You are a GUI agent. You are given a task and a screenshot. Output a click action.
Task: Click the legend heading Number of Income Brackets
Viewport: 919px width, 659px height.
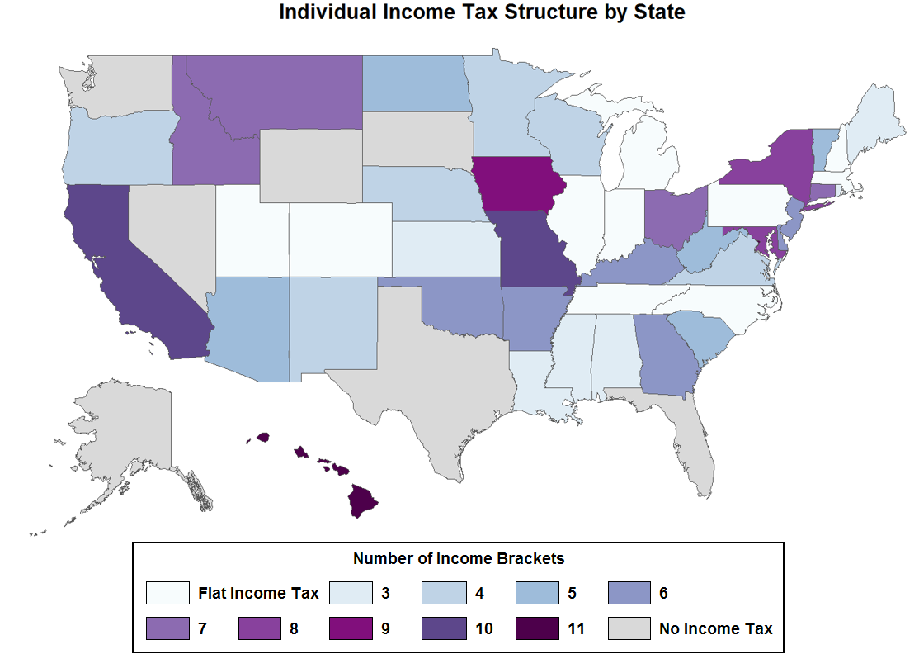(x=459, y=558)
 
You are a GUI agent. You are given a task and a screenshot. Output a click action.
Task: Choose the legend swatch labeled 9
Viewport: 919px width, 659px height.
(x=351, y=628)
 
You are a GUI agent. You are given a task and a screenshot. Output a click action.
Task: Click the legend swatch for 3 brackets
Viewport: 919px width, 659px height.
(x=351, y=593)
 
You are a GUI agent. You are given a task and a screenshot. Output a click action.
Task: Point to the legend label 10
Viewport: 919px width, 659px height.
(x=483, y=628)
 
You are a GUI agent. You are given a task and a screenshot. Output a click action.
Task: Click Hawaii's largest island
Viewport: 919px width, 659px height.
(x=362, y=500)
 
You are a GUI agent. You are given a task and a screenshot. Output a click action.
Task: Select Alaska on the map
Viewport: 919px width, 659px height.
(x=124, y=438)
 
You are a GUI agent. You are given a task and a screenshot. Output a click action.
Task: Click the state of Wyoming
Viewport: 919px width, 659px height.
(x=310, y=165)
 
